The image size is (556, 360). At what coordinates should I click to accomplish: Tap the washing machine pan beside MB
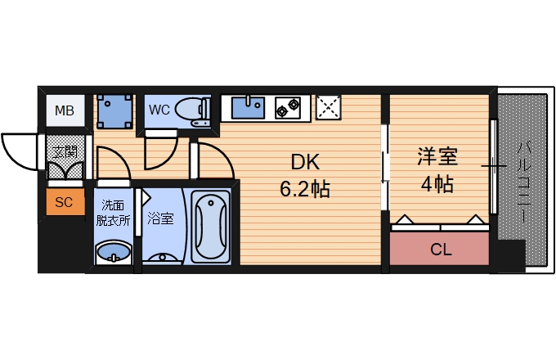click(114, 110)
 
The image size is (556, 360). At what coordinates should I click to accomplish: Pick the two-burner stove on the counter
click(289, 107)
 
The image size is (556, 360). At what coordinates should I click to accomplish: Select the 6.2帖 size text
click(304, 191)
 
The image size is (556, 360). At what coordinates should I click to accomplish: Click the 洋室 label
click(437, 156)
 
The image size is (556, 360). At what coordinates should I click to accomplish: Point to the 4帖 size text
click(437, 184)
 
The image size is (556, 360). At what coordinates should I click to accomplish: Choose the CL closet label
click(441, 250)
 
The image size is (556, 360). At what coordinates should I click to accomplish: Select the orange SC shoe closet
click(64, 201)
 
